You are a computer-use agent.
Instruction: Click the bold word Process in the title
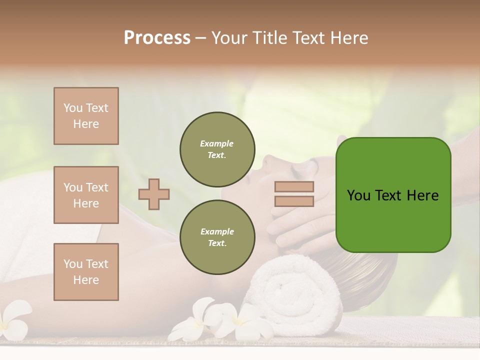(157, 38)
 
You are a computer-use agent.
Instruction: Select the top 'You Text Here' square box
(86, 116)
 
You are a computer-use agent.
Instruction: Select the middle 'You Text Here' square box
(86, 195)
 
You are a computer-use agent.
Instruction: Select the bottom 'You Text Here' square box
(86, 272)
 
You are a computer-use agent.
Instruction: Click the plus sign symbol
(154, 194)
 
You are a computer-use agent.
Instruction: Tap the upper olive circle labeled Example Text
(217, 149)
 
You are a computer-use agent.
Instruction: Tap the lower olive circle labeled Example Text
(217, 237)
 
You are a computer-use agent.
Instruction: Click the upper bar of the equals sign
(294, 186)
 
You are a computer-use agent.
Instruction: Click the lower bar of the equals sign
(294, 201)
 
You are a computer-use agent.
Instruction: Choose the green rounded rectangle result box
(393, 195)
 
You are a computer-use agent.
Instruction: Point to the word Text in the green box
(392, 195)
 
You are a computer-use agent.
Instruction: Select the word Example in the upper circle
(217, 144)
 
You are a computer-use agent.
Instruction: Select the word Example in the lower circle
(217, 232)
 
